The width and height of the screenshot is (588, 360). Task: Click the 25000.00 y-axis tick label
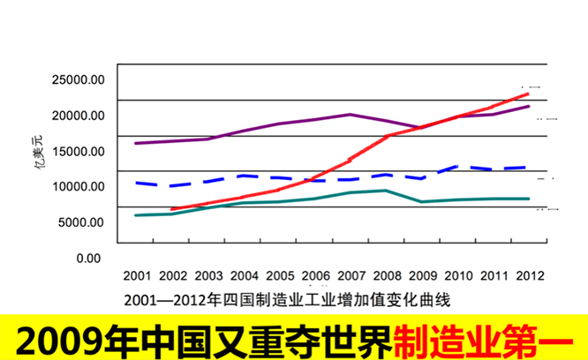79,79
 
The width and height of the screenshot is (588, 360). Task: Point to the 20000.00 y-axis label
79,116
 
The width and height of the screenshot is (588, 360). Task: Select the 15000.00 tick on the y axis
79,151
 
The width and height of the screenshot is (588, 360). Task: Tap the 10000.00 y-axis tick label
79,186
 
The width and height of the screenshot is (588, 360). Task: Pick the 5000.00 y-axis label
81,222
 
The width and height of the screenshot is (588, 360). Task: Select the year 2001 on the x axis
137,274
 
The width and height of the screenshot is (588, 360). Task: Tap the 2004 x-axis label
244,274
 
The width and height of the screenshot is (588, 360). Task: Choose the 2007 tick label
351,274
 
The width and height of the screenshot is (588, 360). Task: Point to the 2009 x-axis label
422,274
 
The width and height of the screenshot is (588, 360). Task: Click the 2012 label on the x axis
529,274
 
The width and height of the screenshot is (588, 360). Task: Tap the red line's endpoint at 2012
528,94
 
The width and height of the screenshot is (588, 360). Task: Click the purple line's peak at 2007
351,115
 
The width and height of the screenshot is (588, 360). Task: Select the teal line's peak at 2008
386,191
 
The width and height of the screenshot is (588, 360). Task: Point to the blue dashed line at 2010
457,166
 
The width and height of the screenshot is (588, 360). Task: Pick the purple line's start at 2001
135,143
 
